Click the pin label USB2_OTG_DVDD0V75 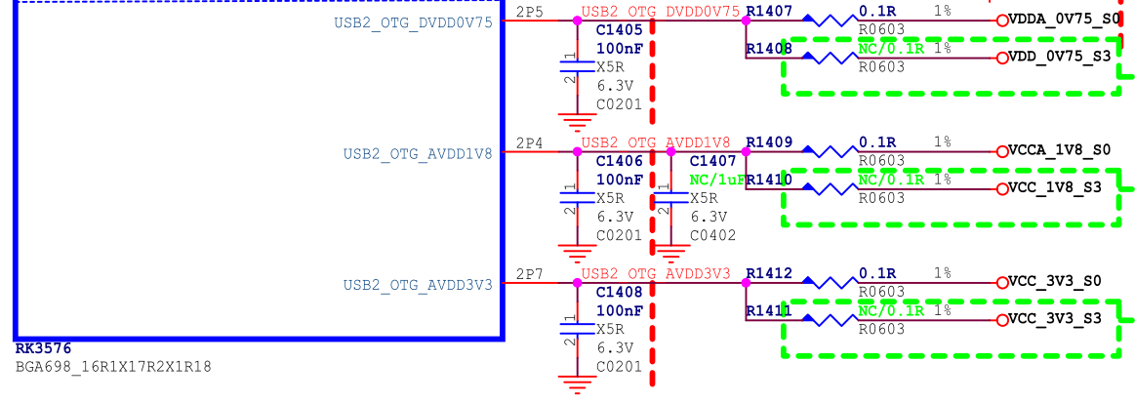pyautogui.click(x=413, y=23)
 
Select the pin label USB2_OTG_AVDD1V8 pyautogui.click(x=418, y=154)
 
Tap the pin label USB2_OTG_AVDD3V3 pyautogui.click(x=418, y=285)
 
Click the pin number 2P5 pyautogui.click(x=530, y=13)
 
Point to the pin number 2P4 pyautogui.click(x=530, y=143)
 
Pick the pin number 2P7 pyautogui.click(x=530, y=274)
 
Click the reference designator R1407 pyautogui.click(x=769, y=12)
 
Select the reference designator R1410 pyautogui.click(x=769, y=181)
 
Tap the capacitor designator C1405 pyautogui.click(x=620, y=30)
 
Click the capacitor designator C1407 pyautogui.click(x=713, y=161)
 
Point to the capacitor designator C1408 pyautogui.click(x=620, y=292)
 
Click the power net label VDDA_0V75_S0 pyautogui.click(x=1064, y=20)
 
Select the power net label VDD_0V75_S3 pyautogui.click(x=1059, y=57)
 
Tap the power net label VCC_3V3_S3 pyautogui.click(x=1054, y=319)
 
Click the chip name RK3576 pyautogui.click(x=43, y=349)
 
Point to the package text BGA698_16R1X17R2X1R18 pyautogui.click(x=113, y=367)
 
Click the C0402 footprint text pyautogui.click(x=713, y=235)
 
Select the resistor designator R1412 pyautogui.click(x=769, y=274)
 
